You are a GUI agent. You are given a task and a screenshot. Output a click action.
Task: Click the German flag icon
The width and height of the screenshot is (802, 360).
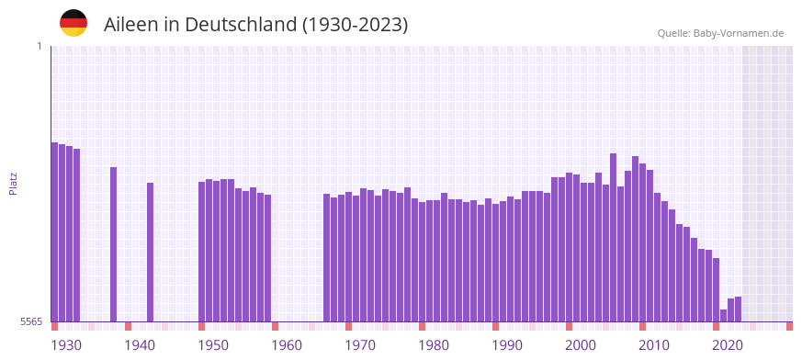click(x=73, y=23)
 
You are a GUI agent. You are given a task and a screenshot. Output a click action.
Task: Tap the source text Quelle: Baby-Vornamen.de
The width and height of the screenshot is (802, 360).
click(x=720, y=33)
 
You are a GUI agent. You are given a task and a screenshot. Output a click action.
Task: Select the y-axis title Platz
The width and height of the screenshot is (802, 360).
click(x=13, y=184)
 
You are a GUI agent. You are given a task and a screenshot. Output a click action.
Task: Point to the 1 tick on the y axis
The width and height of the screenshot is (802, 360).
click(x=40, y=46)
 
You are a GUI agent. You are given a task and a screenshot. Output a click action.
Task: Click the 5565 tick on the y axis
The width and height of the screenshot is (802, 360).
click(x=31, y=321)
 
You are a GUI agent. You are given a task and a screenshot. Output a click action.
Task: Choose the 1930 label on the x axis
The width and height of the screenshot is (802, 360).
click(x=66, y=345)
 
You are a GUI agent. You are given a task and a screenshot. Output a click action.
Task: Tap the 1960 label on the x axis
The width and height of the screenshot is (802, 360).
click(x=287, y=345)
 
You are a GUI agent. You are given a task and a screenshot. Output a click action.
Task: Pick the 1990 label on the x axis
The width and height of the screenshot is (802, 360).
click(x=507, y=345)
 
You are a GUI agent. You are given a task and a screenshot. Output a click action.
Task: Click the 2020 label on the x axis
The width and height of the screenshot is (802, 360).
click(x=728, y=345)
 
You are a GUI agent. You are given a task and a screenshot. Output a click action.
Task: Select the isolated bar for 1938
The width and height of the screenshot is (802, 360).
click(x=114, y=244)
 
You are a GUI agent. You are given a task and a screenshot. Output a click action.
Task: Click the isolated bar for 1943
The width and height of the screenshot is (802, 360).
click(x=151, y=253)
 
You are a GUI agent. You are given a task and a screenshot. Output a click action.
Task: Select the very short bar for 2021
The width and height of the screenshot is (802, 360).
click(x=724, y=315)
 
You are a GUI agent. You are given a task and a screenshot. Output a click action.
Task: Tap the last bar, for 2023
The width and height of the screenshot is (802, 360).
click(x=739, y=309)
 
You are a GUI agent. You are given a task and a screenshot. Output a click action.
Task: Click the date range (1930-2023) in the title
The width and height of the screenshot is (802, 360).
click(x=355, y=25)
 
